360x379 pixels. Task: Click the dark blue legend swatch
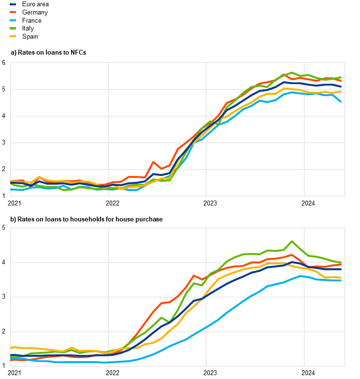(x=13, y=4)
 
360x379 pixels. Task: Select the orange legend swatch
(x=13, y=12)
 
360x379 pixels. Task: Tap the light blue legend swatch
(x=13, y=20)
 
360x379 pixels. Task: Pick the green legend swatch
(x=13, y=28)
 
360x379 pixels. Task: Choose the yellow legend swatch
(x=13, y=36)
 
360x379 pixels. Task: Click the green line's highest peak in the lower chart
(x=292, y=241)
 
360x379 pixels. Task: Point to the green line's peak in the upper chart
(x=292, y=73)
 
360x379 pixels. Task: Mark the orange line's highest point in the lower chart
(x=291, y=255)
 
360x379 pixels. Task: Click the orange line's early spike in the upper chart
(x=153, y=162)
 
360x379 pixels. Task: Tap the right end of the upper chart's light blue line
(x=341, y=102)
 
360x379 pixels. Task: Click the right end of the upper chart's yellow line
(x=341, y=91)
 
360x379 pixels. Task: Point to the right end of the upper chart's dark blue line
(x=341, y=87)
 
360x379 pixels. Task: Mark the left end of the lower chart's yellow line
(x=11, y=348)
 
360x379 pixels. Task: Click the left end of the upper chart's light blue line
(x=11, y=189)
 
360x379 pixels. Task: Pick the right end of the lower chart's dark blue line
(x=341, y=269)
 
